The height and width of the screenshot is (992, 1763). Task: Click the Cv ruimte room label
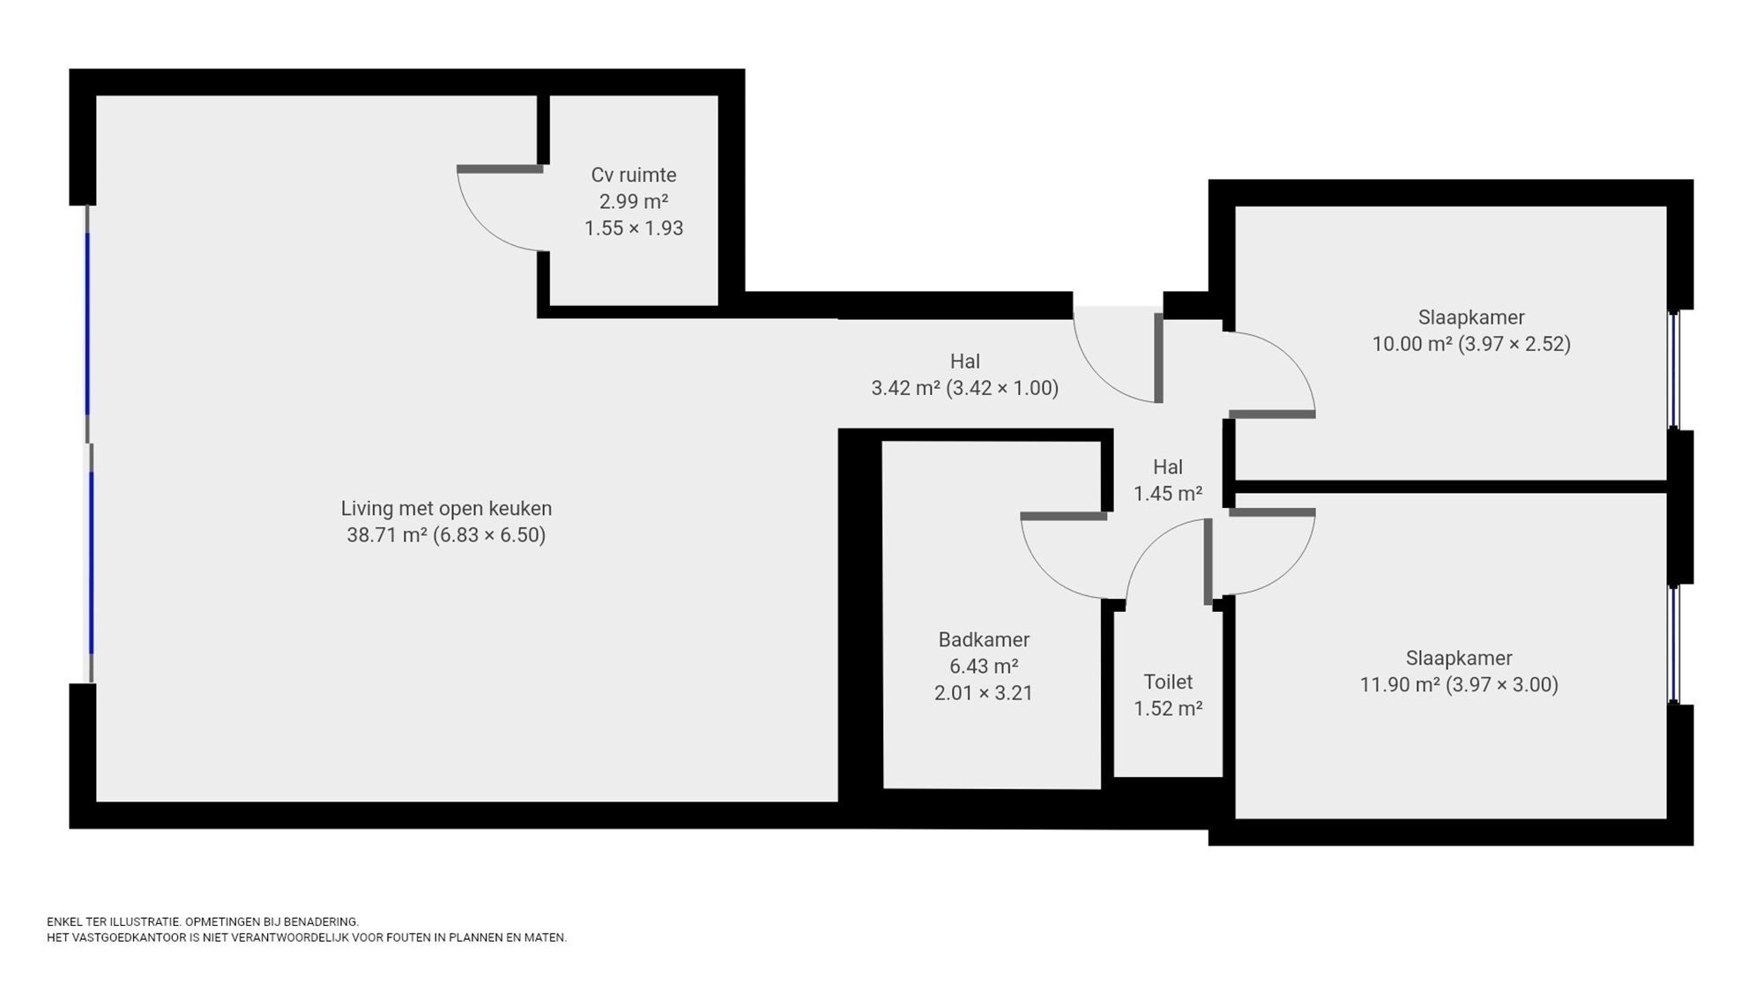tap(633, 175)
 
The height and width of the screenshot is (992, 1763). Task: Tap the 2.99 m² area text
tap(633, 201)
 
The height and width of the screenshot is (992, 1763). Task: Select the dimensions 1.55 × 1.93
tap(633, 227)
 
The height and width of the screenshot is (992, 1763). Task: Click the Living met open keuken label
tap(446, 509)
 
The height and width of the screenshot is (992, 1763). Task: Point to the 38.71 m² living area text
tap(446, 535)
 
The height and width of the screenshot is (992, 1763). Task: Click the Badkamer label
tap(984, 639)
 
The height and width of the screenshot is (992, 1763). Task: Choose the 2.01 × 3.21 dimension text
tap(984, 693)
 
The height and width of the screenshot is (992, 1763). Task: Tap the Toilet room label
tap(1168, 682)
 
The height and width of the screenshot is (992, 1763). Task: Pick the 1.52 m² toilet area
tap(1168, 708)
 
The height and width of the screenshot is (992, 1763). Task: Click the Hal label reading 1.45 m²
tap(1168, 481)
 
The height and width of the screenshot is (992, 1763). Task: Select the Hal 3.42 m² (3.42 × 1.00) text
tap(964, 375)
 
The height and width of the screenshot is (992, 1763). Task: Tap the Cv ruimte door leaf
tap(499, 168)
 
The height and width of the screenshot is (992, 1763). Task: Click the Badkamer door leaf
tap(1064, 516)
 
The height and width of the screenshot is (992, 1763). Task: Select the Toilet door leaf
tap(1209, 562)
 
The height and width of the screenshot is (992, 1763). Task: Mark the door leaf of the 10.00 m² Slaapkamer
tap(1272, 414)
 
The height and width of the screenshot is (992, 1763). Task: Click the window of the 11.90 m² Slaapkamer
tap(1675, 644)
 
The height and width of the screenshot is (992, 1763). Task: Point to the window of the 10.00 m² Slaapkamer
tap(1675, 369)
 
